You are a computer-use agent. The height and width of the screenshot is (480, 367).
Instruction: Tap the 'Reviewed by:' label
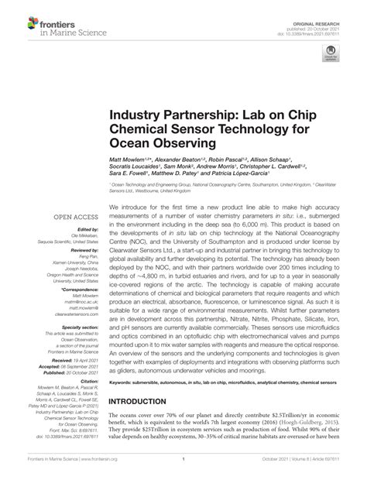80,252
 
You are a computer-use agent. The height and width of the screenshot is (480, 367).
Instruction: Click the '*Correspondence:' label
77,299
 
